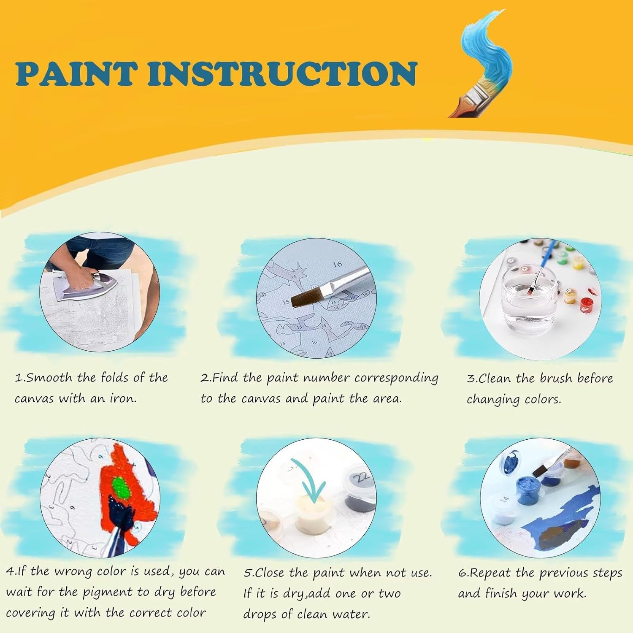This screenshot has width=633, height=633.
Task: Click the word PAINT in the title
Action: pyautogui.click(x=76, y=74)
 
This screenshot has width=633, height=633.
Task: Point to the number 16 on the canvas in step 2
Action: pyautogui.click(x=337, y=265)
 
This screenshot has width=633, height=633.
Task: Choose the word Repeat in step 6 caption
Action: pyautogui.click(x=490, y=573)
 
